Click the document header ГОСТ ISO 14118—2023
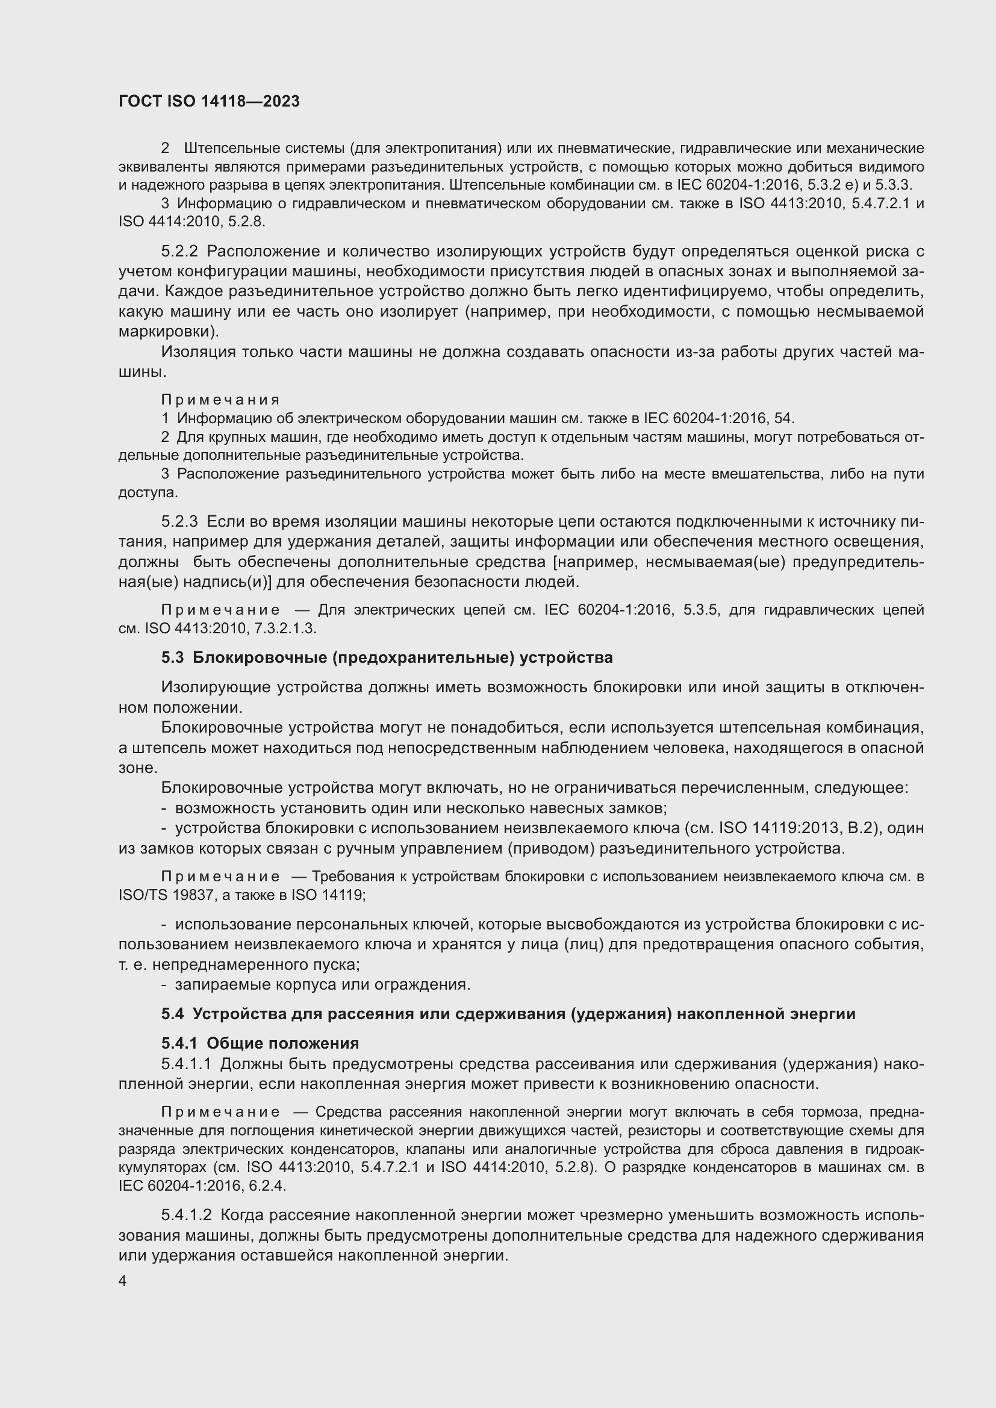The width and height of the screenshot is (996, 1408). tap(209, 101)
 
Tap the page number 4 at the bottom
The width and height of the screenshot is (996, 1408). tap(123, 1281)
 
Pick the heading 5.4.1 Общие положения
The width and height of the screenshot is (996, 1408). tap(260, 1043)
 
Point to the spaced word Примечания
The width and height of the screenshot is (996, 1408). tap(220, 400)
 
